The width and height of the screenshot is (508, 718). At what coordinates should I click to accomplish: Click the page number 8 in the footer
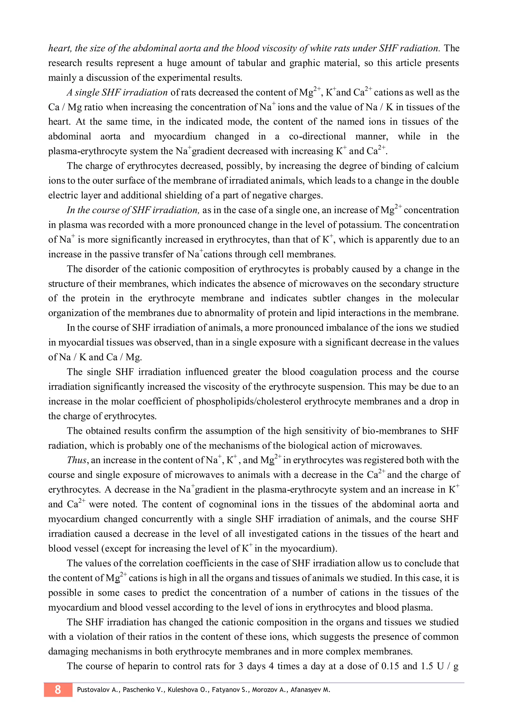(58, 689)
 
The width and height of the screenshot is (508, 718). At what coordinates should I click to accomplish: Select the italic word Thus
(77, 460)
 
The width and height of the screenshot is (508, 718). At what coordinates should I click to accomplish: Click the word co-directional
(317, 136)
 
